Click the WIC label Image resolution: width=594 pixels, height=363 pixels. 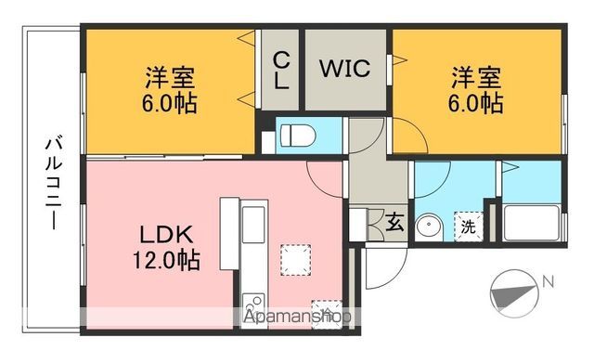point(345,69)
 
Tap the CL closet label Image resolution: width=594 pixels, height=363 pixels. point(280,70)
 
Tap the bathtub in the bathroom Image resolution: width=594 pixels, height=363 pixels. point(532,224)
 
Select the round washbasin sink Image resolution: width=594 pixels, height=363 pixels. point(429,226)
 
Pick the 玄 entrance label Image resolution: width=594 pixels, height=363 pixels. point(394,222)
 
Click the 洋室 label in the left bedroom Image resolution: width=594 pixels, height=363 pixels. point(170,75)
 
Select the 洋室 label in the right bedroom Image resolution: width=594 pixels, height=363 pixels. point(477,75)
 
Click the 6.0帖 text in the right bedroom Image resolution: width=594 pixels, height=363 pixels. point(477,101)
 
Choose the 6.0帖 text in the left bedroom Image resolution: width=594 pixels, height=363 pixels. point(170,101)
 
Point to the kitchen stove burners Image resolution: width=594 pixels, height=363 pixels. point(252,307)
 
